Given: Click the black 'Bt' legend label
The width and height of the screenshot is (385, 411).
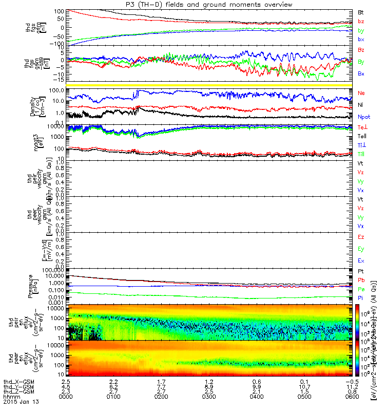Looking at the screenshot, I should click(x=361, y=12).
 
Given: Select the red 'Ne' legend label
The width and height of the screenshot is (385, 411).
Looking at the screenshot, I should click(x=361, y=93).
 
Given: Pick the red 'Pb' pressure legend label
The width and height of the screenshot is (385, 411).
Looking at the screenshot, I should click(x=361, y=280).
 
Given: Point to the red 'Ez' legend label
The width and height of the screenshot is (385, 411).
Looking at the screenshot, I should click(x=361, y=237).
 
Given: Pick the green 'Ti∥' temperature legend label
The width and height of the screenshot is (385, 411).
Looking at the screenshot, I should click(x=361, y=154).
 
